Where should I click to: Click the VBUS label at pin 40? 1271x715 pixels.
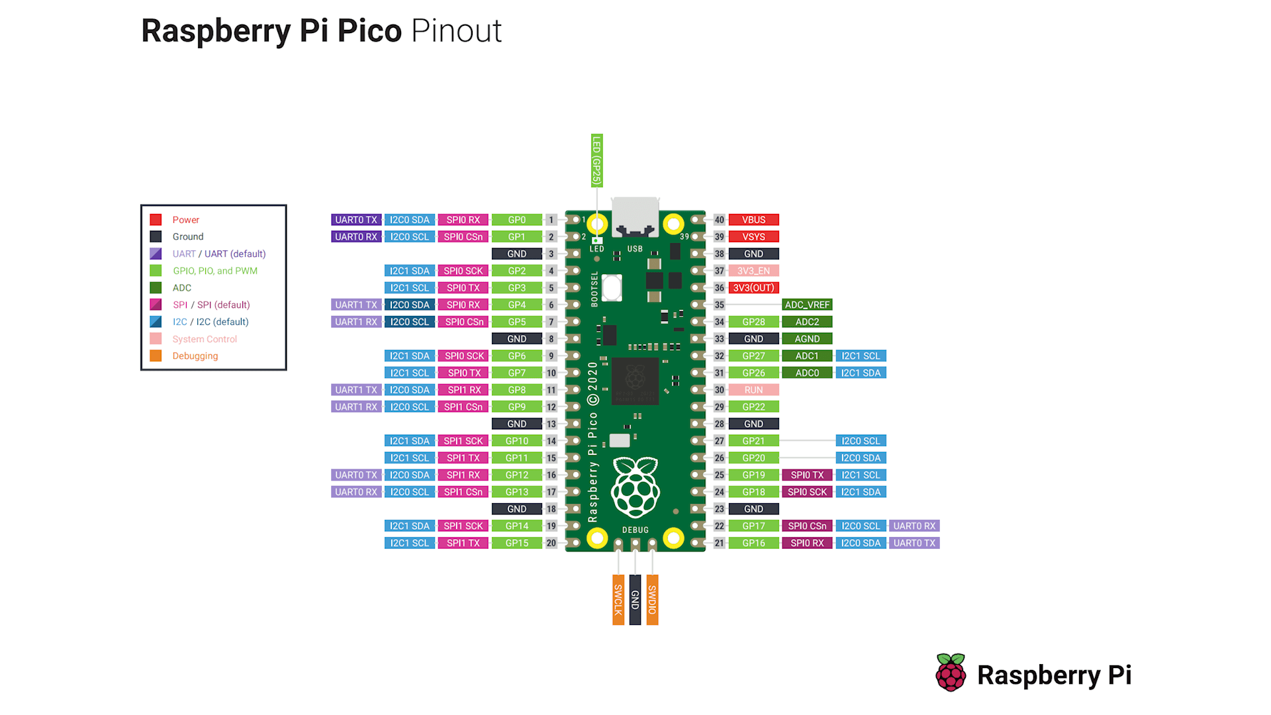click(753, 220)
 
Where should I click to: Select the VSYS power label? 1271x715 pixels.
click(753, 237)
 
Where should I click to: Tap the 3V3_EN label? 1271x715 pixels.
click(753, 271)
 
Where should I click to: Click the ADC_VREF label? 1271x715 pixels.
click(807, 305)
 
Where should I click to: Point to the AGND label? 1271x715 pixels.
click(807, 339)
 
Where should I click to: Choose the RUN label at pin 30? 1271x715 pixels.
click(753, 390)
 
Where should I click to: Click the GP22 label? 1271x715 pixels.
click(753, 407)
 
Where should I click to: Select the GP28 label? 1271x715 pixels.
click(753, 322)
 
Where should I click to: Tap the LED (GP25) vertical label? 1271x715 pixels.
click(596, 161)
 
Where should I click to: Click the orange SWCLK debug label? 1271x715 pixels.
click(618, 600)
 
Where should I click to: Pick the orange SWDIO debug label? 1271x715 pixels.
click(652, 600)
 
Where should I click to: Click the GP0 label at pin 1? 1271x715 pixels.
click(516, 220)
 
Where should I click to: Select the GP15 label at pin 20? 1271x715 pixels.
click(516, 543)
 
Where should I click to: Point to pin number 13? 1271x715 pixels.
click(551, 424)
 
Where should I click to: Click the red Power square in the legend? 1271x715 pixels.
click(156, 220)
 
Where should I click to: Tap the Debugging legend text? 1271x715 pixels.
click(195, 356)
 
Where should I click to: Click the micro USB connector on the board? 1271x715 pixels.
click(635, 217)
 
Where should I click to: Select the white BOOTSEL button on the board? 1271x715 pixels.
click(612, 288)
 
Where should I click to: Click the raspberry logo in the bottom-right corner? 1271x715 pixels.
click(951, 673)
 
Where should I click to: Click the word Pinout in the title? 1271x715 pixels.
click(456, 31)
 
